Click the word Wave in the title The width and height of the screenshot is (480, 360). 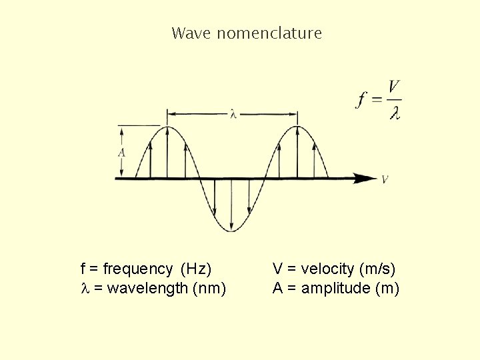tap(191, 33)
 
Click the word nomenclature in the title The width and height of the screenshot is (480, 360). tap(269, 33)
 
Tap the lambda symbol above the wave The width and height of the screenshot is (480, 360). tap(232, 114)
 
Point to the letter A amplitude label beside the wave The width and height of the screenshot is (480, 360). tap(121, 152)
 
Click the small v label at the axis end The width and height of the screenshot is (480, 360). tap(385, 179)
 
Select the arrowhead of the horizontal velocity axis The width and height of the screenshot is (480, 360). tap(365, 178)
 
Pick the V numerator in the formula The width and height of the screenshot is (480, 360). tap(394, 87)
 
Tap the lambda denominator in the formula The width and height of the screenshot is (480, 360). tap(395, 113)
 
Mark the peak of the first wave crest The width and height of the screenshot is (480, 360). tap(169, 127)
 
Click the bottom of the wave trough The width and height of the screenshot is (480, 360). tap(231, 231)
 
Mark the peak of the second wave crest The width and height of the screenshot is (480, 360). tap(297, 127)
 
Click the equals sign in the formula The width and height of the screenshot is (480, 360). tap(377, 99)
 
